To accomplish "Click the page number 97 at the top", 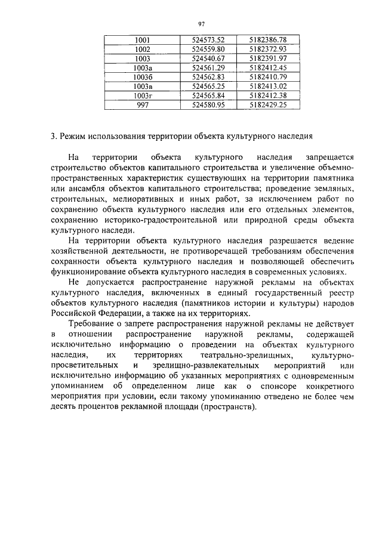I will coord(201,24).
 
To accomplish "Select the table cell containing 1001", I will coord(142,40).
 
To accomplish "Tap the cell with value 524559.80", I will coord(208,49).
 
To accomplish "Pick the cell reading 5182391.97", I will coord(268,58).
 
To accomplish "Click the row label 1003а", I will coord(142,67).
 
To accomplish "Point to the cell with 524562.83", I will coord(208,77).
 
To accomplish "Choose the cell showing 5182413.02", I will coord(268,86).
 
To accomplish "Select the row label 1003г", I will coord(142,95).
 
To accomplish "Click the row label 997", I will coord(142,104).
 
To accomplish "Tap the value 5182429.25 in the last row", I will coord(268,104).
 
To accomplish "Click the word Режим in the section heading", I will coord(73,135).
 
